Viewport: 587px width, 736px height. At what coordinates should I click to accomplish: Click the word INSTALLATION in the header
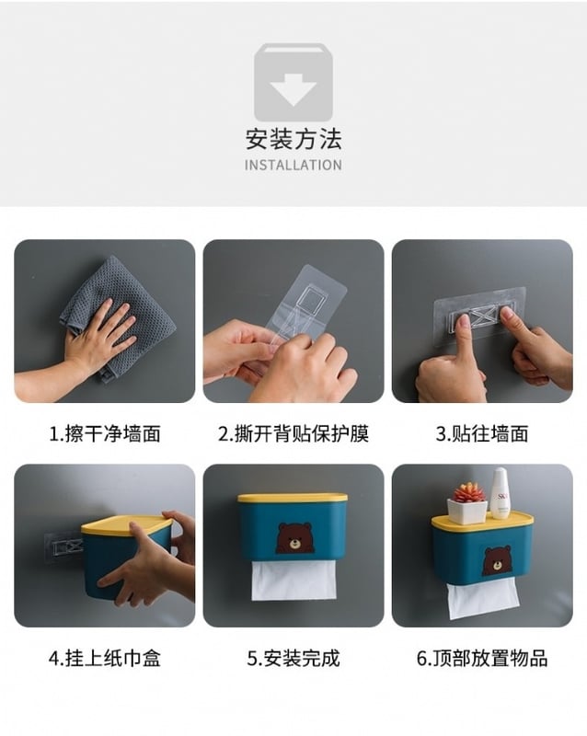(x=293, y=166)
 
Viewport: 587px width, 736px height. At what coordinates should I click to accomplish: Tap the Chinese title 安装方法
(x=293, y=140)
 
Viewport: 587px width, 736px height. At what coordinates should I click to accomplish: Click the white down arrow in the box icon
(x=293, y=89)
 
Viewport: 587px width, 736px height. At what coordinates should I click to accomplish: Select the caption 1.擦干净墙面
(x=105, y=433)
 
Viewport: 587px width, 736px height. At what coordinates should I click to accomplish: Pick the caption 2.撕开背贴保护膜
(x=293, y=433)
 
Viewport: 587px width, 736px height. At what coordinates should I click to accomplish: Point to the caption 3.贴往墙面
(x=482, y=433)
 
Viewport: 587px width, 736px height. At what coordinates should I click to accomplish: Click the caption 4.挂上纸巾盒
(x=105, y=658)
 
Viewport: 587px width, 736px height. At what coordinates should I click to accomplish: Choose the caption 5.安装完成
(x=293, y=658)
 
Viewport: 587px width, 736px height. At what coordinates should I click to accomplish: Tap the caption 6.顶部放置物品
(x=482, y=658)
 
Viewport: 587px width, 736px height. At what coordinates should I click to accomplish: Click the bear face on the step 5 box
(x=294, y=537)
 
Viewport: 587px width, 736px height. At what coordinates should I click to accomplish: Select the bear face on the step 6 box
(x=497, y=560)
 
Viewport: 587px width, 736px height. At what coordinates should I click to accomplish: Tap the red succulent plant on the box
(x=467, y=492)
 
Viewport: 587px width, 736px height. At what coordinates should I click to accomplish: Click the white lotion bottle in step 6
(x=500, y=493)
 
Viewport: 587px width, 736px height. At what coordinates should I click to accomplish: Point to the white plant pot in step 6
(x=466, y=512)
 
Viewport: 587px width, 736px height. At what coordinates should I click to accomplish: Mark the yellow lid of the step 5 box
(x=293, y=498)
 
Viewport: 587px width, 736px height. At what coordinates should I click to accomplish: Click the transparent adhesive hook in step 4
(x=63, y=546)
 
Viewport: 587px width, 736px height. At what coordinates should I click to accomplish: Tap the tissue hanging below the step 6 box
(x=483, y=600)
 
